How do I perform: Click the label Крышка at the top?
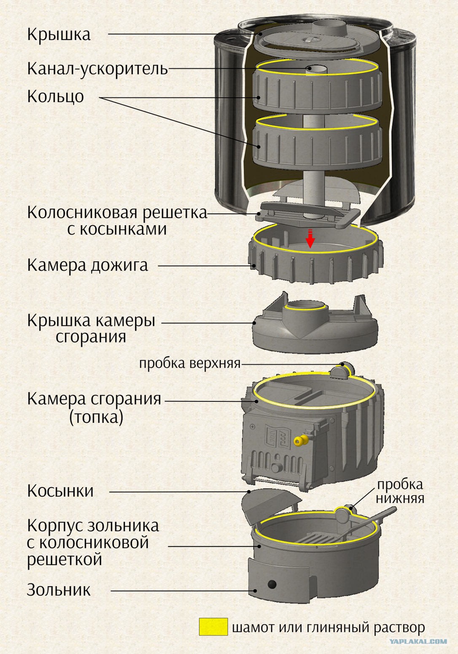tap(59, 34)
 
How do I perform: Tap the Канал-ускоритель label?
tap(97, 68)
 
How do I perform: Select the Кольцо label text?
tap(55, 96)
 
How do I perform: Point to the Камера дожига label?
tap(87, 265)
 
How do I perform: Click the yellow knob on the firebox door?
tap(300, 441)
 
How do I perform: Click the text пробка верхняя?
tap(189, 363)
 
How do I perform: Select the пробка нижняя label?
tap(399, 491)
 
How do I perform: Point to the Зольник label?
tap(59, 590)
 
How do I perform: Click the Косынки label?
tap(60, 491)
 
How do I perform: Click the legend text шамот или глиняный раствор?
tap(329, 628)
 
